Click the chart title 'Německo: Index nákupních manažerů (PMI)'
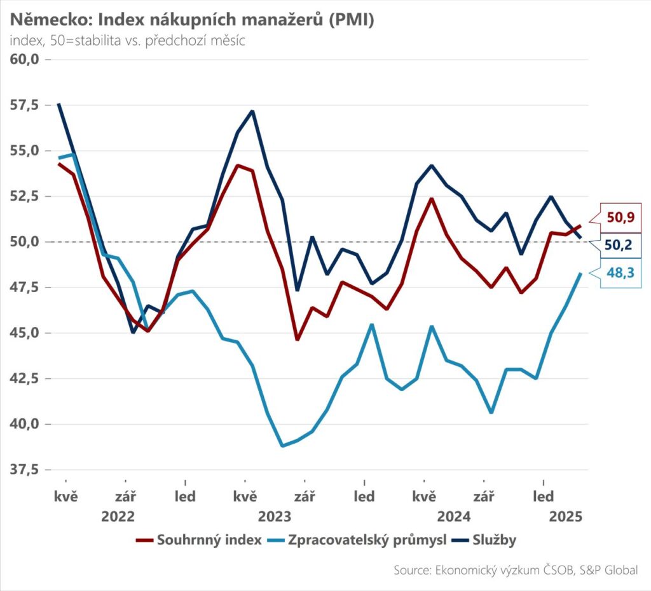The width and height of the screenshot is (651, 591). click(192, 20)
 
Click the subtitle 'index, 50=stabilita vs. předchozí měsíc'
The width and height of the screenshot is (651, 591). click(127, 41)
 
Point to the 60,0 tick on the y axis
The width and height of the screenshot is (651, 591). click(25, 59)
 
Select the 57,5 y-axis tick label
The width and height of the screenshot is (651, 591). click(25, 105)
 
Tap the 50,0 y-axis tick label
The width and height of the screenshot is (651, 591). click(25, 242)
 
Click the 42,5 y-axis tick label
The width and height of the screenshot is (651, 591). click(25, 378)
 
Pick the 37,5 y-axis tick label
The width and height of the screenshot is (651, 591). click(25, 470)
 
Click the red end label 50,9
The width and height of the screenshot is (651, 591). click(620, 217)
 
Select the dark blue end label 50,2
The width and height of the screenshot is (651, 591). click(618, 245)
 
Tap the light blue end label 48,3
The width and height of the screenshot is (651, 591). click(620, 273)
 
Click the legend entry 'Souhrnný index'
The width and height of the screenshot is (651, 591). click(199, 540)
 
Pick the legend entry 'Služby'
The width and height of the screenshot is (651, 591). click(484, 540)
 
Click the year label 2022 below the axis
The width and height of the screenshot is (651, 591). click(118, 517)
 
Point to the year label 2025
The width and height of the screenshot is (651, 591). click(566, 517)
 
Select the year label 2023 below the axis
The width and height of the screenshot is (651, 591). click(275, 517)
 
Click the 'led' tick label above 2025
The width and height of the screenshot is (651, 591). click(544, 496)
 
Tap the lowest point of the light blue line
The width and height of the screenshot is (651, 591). click(283, 446)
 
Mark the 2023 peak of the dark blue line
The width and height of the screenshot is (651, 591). click(252, 111)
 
